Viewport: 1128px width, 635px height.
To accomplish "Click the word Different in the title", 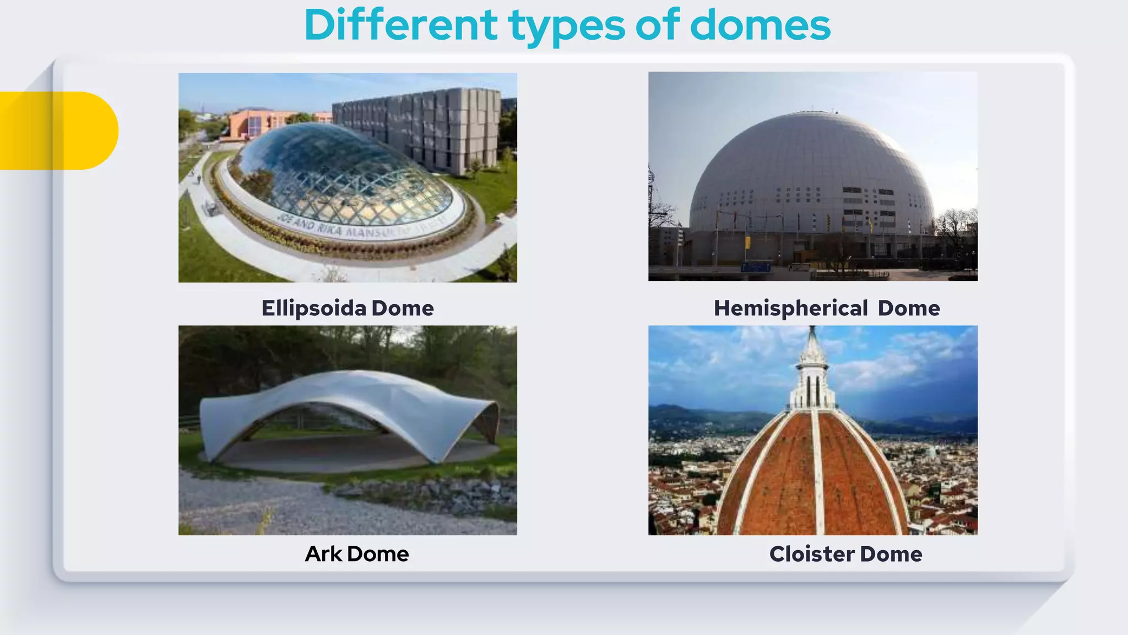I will point(400,25).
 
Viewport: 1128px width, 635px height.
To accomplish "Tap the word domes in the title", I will point(760,25).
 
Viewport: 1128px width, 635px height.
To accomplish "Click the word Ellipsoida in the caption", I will point(313,308).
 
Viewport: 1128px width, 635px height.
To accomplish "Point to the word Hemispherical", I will point(791,309).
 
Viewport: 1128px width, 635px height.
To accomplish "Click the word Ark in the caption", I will point(323,554).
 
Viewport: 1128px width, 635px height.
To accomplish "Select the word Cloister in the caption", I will point(812,554).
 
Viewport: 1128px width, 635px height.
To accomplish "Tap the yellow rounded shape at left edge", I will point(66,131).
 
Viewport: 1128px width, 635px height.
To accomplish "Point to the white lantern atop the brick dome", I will point(812,375).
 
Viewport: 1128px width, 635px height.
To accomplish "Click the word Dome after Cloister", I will point(891,554).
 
